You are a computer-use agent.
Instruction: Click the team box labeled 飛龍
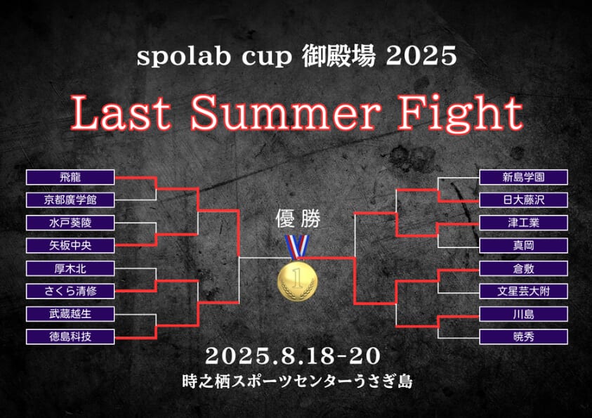point(70,177)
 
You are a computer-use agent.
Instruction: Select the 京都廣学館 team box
point(70,200)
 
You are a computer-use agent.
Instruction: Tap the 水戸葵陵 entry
point(70,223)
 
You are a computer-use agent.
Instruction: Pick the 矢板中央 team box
point(70,245)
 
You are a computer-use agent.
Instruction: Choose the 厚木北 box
point(70,268)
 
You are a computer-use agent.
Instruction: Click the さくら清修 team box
point(70,291)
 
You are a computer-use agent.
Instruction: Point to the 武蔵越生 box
point(70,314)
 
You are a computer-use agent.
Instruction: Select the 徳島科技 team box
point(70,337)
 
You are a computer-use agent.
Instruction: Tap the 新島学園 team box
point(523,177)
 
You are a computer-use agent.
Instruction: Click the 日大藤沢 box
point(523,200)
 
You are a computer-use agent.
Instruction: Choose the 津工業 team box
point(523,223)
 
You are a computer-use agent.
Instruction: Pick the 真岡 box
point(523,245)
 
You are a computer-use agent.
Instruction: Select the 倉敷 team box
point(523,268)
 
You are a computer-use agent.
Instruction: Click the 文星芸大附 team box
point(523,291)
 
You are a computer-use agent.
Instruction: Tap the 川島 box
point(523,314)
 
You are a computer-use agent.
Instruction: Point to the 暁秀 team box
point(523,337)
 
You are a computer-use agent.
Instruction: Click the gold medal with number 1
point(297,281)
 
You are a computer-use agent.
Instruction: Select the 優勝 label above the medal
point(298,218)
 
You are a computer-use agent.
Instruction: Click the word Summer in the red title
point(285,113)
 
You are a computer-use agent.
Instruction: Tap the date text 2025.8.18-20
point(293,356)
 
